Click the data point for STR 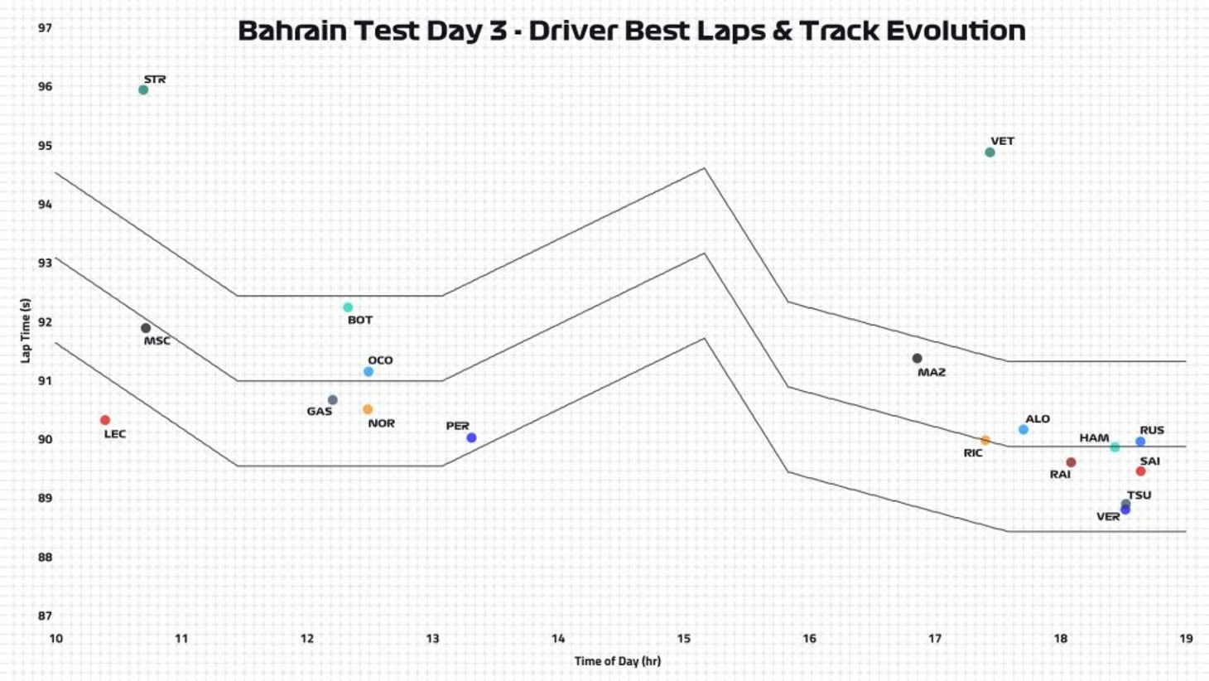coord(143,90)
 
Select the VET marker coord(990,152)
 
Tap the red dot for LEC coord(105,421)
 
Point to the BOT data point coord(348,307)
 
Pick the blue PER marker coord(471,438)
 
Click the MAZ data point coord(917,359)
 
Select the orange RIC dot coord(985,441)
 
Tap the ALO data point coord(1024,430)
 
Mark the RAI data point coord(1071,463)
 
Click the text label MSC coord(157,341)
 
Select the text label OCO coord(380,360)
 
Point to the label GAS coord(319,412)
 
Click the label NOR coord(381,423)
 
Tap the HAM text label coord(1093,438)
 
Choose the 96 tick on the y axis coord(45,87)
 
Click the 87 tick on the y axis coord(45,616)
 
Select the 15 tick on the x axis coord(683,639)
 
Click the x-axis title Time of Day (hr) coord(617,661)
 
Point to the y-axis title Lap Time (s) coord(26,331)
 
